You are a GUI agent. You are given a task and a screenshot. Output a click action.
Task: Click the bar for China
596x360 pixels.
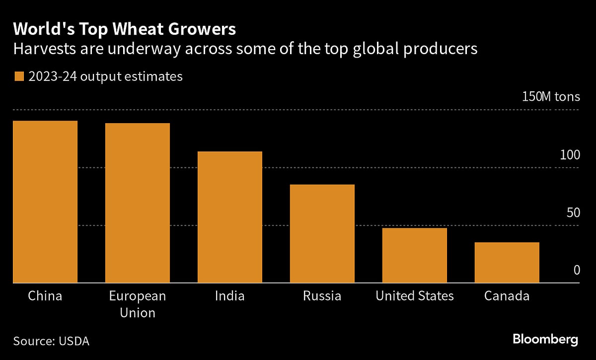(x=45, y=202)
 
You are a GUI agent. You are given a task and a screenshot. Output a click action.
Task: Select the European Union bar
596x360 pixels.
(x=138, y=203)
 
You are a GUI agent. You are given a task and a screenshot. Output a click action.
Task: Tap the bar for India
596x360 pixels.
(x=230, y=217)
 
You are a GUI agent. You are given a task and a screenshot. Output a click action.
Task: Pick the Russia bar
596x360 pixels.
(x=322, y=233)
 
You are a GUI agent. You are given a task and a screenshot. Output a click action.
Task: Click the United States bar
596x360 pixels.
(x=415, y=255)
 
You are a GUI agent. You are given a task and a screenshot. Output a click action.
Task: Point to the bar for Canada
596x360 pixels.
(x=507, y=262)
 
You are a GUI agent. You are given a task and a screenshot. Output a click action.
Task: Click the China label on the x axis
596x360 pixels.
(x=45, y=296)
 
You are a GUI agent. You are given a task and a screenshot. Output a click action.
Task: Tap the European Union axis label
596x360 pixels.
(x=138, y=304)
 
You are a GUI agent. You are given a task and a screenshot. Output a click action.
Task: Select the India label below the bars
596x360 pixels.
(x=230, y=296)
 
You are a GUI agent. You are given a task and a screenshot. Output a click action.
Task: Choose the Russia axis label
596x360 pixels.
(x=322, y=296)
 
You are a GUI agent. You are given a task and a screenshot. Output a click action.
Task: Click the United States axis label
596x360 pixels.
(x=415, y=296)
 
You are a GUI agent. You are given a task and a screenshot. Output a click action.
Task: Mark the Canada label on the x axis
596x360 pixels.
(x=507, y=296)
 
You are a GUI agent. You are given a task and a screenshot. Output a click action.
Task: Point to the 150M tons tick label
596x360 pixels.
(x=551, y=96)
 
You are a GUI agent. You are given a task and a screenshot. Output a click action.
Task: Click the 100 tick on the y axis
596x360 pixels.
(x=570, y=155)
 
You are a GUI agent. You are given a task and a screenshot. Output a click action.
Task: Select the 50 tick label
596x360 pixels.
(x=573, y=213)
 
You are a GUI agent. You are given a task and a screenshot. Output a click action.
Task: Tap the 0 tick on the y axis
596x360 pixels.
(x=577, y=270)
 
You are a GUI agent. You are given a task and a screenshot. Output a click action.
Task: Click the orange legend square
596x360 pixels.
(x=19, y=76)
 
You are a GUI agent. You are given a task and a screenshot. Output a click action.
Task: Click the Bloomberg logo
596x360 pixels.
(x=545, y=340)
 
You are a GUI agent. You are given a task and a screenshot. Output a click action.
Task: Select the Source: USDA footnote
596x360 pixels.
(x=51, y=341)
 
